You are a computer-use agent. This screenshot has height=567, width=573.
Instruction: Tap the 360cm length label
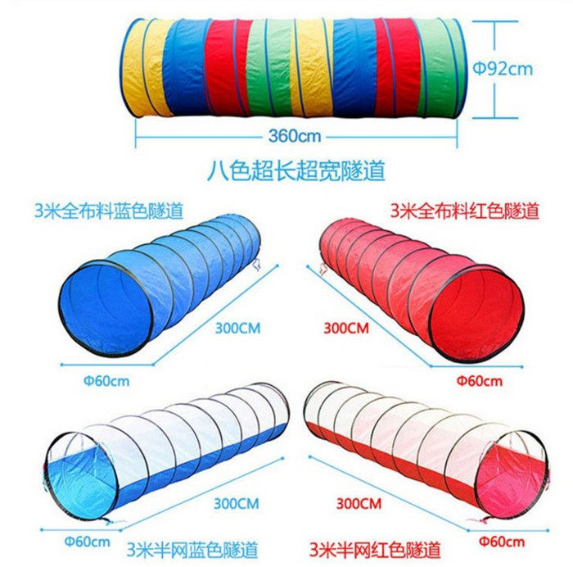[x=294, y=135]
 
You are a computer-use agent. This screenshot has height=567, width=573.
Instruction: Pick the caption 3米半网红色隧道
[x=377, y=547]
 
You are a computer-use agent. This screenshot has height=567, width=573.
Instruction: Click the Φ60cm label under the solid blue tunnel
[x=107, y=382]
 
